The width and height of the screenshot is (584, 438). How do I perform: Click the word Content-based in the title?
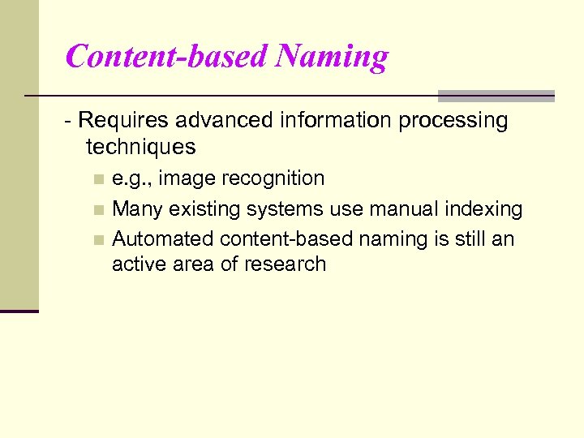tap(165, 57)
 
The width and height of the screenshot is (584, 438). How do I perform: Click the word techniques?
tap(140, 147)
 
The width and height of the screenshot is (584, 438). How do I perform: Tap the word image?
tap(189, 178)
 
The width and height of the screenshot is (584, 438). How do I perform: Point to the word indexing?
tap(486, 209)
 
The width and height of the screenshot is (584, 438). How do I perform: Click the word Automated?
tap(161, 239)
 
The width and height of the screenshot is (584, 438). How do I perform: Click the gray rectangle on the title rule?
tap(496, 96)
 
